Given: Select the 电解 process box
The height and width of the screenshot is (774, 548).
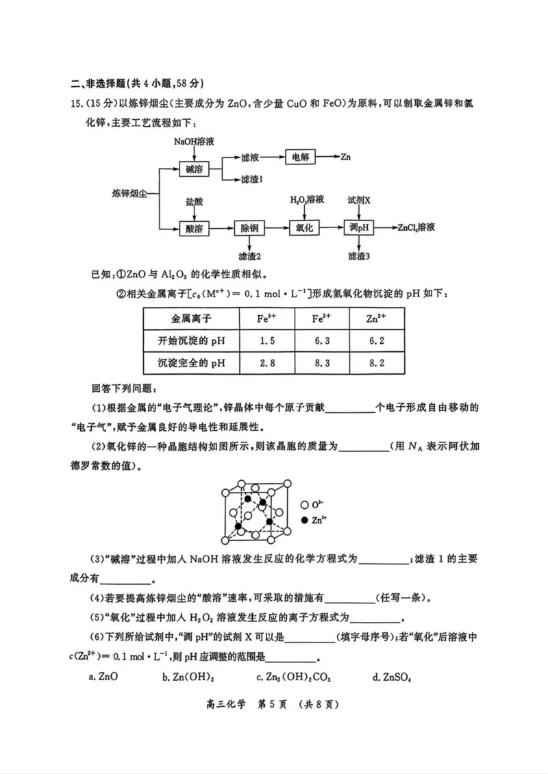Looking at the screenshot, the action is [x=301, y=157].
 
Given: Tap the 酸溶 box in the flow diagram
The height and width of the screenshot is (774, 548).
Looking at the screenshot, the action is [x=193, y=228].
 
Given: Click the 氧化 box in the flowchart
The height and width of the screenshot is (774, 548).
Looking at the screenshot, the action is [x=304, y=228].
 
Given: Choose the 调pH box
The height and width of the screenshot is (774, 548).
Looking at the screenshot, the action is [x=359, y=228].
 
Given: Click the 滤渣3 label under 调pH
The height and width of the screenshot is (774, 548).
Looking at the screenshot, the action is [x=359, y=256].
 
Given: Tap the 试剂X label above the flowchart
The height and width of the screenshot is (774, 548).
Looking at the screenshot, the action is [x=359, y=200].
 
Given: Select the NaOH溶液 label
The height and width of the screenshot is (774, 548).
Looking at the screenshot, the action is [x=195, y=141].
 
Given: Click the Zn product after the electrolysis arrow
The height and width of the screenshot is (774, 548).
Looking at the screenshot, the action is [x=345, y=157].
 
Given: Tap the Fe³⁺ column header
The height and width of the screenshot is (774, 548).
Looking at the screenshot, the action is [x=268, y=319].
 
